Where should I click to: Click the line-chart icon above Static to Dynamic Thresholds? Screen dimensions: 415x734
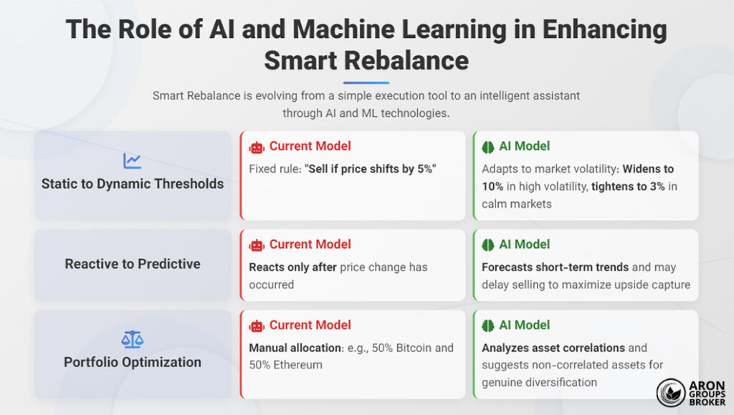click(132, 161)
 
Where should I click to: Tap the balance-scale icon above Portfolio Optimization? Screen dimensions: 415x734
click(132, 338)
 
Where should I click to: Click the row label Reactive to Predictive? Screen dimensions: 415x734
click(133, 264)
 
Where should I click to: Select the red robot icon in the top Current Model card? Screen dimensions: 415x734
click(257, 147)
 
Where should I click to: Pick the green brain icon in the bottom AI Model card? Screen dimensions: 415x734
click(488, 325)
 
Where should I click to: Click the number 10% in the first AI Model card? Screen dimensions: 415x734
click(492, 186)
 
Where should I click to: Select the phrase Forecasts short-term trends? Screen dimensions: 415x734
click(556, 267)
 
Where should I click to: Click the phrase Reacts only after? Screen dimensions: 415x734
click(293, 267)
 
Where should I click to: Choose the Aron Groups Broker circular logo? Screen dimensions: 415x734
click(672, 393)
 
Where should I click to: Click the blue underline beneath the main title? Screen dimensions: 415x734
click(366, 82)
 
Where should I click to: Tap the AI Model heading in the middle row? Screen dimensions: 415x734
click(524, 245)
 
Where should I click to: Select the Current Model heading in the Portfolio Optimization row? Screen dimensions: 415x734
click(310, 325)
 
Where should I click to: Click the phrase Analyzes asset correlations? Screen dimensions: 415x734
click(554, 348)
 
